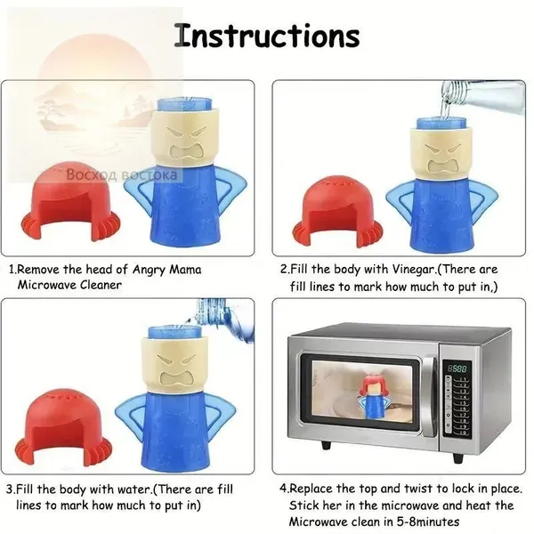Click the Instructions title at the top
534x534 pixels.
click(267, 36)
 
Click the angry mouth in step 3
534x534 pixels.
click(176, 379)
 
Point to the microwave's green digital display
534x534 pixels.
click(457, 368)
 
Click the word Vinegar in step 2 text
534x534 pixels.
click(414, 270)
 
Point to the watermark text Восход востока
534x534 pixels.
click(122, 174)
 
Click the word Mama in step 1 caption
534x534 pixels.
click(186, 270)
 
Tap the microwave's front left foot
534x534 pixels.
click(327, 445)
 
